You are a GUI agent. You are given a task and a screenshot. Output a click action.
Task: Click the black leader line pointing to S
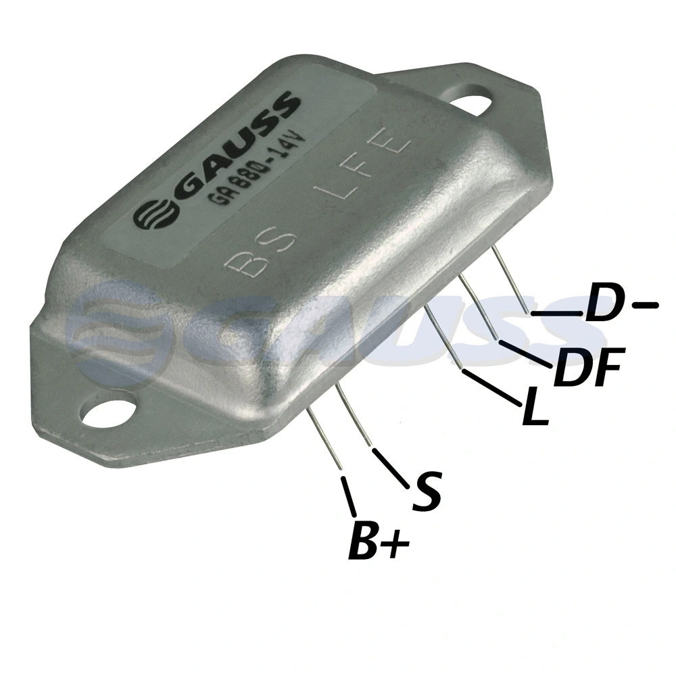390,468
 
